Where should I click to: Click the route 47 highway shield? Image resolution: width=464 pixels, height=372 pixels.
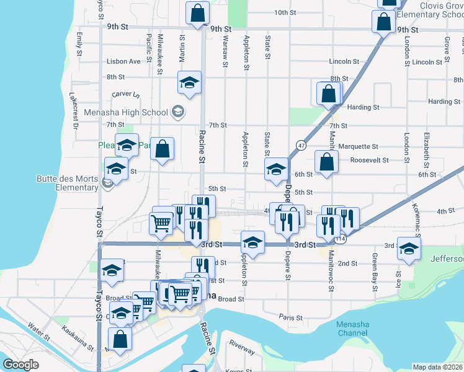point(301,145)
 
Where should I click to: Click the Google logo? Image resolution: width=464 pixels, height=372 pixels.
point(20,365)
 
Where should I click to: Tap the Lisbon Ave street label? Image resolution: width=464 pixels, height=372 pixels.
point(123,61)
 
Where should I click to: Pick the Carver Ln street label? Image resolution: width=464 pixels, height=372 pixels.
point(126,94)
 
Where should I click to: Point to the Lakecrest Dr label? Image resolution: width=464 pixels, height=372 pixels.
point(74,110)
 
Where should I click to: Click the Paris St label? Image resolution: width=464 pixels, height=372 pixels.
point(290,317)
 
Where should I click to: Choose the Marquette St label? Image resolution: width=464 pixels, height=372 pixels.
point(359,146)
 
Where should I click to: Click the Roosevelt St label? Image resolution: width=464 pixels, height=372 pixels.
point(370,159)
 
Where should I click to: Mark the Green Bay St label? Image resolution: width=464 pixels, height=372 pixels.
point(375,267)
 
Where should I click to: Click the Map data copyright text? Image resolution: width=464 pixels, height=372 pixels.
point(438,367)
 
